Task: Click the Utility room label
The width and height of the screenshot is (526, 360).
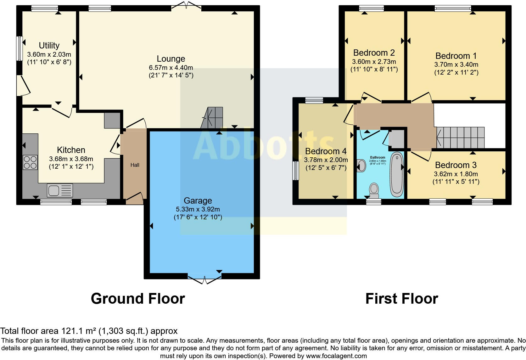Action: click(x=49, y=46)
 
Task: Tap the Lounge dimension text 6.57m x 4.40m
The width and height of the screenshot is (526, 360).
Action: click(x=171, y=67)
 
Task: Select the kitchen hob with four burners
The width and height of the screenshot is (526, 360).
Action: click(x=30, y=162)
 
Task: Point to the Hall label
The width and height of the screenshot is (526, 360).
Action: click(x=135, y=165)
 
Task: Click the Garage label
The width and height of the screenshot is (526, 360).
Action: click(x=198, y=200)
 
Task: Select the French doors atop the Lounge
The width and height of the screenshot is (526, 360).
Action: click(x=186, y=6)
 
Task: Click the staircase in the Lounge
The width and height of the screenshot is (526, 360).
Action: click(x=212, y=118)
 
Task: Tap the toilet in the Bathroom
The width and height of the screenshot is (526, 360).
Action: click(x=374, y=190)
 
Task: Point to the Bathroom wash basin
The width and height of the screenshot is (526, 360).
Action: click(x=361, y=166)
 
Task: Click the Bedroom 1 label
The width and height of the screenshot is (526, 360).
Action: click(x=456, y=56)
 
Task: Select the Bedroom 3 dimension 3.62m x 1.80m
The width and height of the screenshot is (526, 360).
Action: click(x=456, y=174)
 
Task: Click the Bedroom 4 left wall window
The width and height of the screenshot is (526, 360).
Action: click(x=295, y=171)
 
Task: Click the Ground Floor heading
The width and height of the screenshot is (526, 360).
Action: click(x=138, y=298)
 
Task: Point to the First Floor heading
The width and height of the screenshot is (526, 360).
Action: click(x=401, y=298)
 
